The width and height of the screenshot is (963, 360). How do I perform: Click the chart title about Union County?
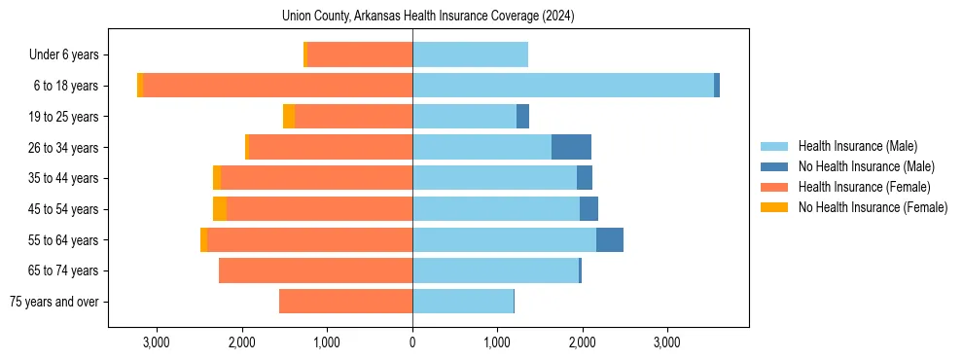tap(428, 17)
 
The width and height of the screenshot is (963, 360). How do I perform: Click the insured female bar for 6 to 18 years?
tap(277, 86)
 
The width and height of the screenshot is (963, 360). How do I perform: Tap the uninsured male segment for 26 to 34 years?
tap(571, 147)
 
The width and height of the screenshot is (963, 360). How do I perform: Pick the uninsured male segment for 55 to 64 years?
tap(609, 239)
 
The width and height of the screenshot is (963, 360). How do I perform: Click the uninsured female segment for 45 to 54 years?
tap(220, 209)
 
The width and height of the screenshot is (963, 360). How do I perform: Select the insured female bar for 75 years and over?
tap(345, 302)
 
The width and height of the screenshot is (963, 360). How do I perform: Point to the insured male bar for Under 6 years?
tap(470, 54)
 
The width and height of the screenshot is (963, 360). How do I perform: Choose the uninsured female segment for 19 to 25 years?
tap(289, 117)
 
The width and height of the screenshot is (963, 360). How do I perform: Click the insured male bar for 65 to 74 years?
tap(495, 270)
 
